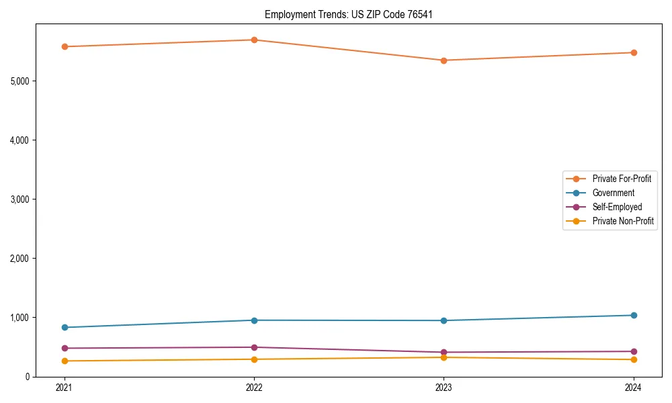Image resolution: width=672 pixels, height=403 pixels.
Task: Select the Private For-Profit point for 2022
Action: click(x=254, y=40)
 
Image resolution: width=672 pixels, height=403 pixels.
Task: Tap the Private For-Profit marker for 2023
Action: click(x=444, y=60)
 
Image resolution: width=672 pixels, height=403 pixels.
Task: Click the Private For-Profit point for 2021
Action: click(x=65, y=46)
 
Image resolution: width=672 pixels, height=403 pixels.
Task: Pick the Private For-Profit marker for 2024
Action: click(x=634, y=52)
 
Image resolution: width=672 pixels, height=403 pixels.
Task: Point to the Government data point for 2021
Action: click(x=65, y=327)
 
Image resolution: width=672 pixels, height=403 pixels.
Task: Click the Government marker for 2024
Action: click(x=634, y=315)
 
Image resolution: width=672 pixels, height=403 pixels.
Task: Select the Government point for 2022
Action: click(x=254, y=320)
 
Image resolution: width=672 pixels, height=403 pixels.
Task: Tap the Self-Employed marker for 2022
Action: click(x=254, y=347)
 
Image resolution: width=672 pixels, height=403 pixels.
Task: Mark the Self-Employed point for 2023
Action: click(x=444, y=352)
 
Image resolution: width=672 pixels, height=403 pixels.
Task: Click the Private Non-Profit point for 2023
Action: click(x=444, y=357)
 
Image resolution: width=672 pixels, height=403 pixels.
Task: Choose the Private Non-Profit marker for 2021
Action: click(x=65, y=361)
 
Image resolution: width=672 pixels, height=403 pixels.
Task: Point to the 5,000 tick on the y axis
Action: click(x=20, y=81)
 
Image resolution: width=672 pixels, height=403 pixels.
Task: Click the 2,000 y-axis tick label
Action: click(x=20, y=259)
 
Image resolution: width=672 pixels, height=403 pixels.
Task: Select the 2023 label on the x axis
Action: click(x=444, y=387)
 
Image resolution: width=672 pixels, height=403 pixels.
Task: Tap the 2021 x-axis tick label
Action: click(x=65, y=387)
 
